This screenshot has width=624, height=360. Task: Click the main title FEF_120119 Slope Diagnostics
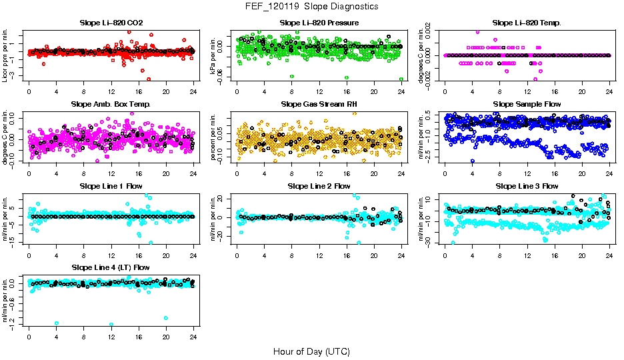click(x=312, y=6)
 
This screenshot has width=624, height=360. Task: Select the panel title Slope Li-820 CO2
click(x=111, y=23)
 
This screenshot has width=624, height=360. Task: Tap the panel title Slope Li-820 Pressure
click(x=319, y=23)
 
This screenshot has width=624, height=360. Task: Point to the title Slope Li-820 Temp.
click(x=527, y=23)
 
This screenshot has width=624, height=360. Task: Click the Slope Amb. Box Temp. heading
click(x=111, y=104)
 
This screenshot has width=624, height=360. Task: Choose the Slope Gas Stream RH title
click(x=319, y=104)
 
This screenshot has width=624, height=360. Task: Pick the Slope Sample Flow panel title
click(x=527, y=104)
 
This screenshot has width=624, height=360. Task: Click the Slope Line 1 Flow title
click(x=111, y=186)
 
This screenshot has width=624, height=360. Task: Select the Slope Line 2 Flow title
click(x=319, y=186)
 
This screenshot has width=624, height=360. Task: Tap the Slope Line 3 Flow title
click(x=527, y=186)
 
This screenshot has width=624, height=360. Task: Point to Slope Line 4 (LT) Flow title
click(x=111, y=267)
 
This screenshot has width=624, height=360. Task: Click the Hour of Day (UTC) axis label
click(x=311, y=351)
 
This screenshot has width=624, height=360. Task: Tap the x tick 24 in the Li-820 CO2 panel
click(x=193, y=91)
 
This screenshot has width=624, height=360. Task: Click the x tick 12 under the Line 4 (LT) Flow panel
click(x=111, y=336)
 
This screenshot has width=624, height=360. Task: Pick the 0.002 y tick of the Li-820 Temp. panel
click(x=427, y=32)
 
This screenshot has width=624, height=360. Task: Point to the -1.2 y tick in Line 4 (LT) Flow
click(x=14, y=323)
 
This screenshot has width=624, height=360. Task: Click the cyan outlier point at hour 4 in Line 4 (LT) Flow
click(x=57, y=323)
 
